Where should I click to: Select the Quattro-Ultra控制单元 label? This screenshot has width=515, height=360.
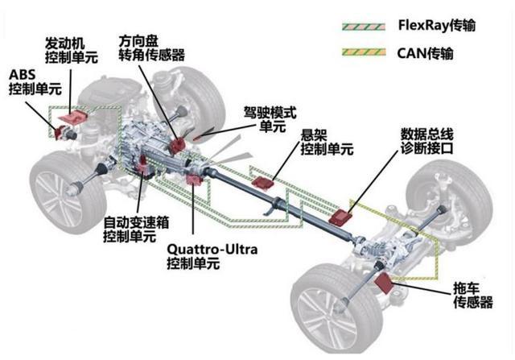click(x=212, y=256)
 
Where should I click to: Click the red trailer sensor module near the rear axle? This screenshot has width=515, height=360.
click(x=384, y=281)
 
